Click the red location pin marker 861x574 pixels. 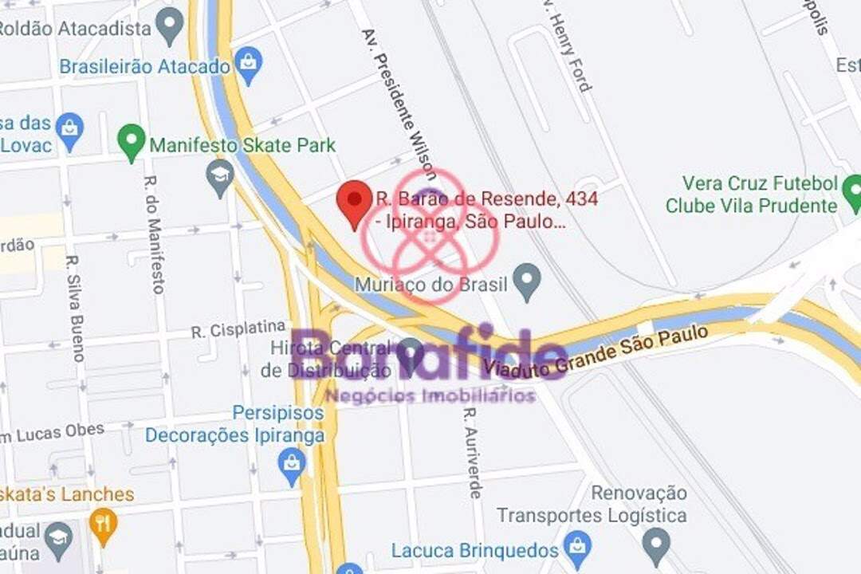tap(354, 202)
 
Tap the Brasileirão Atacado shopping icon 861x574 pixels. tap(249, 65)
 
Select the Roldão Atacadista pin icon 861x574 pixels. tap(169, 26)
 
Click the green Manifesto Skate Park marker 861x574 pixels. tap(132, 143)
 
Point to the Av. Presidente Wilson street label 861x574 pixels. tap(399, 104)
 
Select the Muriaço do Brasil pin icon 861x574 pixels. tap(526, 282)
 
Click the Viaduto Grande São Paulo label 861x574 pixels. tap(596, 349)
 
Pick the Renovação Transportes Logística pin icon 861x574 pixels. tap(656, 545)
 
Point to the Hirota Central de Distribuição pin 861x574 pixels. tap(410, 354)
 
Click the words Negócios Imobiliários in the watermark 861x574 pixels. tap(431, 395)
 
